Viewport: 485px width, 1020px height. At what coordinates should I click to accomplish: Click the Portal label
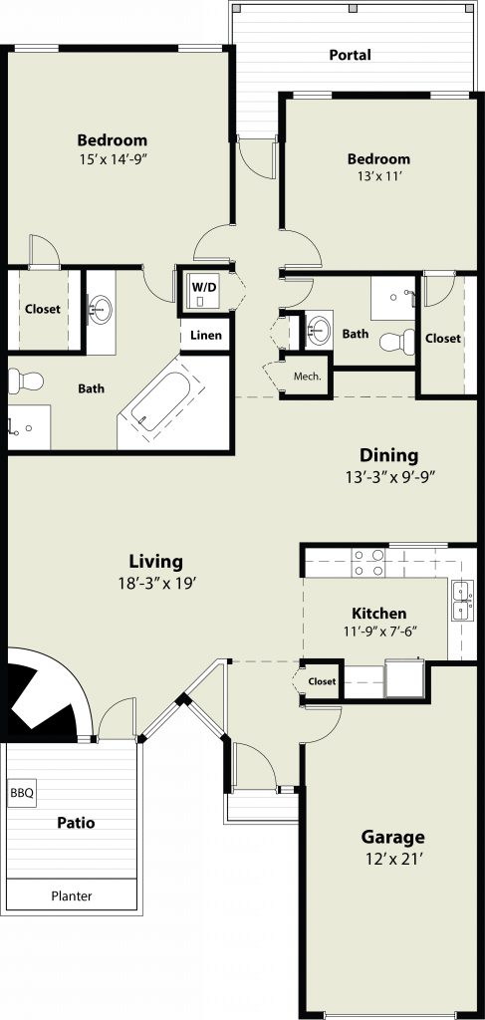[350, 55]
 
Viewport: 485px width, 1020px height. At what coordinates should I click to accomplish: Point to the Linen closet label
[206, 336]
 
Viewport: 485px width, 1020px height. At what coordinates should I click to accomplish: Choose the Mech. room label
[308, 376]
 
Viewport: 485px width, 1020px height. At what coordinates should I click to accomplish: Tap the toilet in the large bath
[26, 380]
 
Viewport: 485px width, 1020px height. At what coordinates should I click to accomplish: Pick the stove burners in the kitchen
[367, 563]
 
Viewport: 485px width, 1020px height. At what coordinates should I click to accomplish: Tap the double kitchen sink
[462, 601]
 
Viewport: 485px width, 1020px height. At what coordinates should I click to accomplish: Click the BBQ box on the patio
[22, 794]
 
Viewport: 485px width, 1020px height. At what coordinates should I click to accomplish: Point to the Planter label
[72, 895]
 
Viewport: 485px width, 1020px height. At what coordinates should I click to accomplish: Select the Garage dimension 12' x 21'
[392, 859]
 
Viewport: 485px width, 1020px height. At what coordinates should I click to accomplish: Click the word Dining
[389, 454]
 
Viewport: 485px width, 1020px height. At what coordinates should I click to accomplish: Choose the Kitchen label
[379, 613]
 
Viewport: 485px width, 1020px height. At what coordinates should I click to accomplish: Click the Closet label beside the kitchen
[322, 681]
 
